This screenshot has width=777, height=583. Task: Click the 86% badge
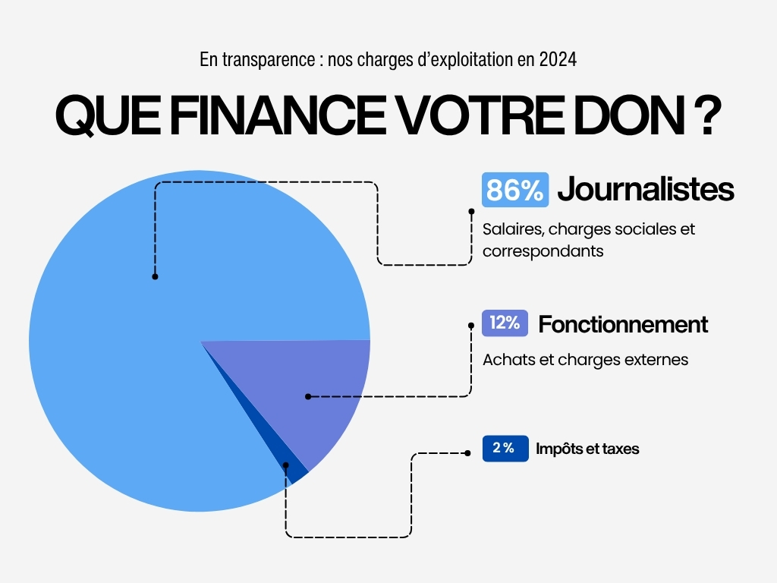pos(514,190)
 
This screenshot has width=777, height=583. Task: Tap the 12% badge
pos(505,323)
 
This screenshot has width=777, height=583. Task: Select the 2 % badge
pos(505,449)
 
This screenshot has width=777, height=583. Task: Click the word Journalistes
pos(646,190)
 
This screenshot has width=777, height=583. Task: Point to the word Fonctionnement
pos(623,324)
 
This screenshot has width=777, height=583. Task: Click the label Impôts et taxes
pos(587,449)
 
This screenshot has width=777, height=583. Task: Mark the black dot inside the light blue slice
pos(155,276)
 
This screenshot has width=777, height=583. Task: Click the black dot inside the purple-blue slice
pos(307,396)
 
